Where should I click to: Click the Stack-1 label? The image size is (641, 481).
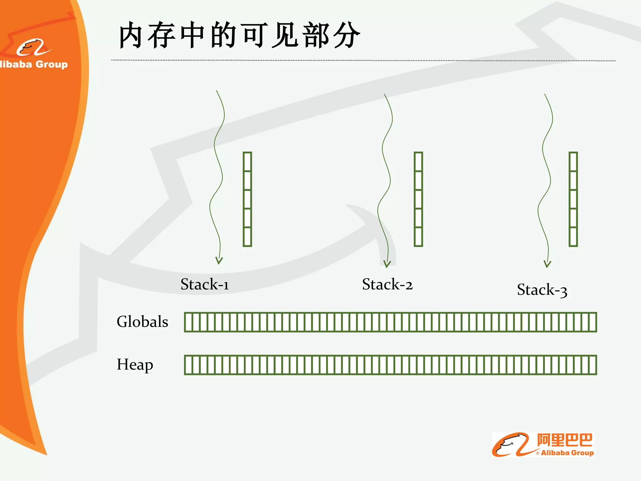tap(205, 284)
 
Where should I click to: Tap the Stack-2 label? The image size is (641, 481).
tap(387, 284)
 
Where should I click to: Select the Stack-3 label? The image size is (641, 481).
tap(542, 290)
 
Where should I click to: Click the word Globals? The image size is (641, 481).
tap(142, 322)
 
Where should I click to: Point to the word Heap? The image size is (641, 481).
tap(135, 365)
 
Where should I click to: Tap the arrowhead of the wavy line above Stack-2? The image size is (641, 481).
tap(387, 264)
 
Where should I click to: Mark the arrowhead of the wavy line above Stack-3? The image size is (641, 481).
tap(547, 264)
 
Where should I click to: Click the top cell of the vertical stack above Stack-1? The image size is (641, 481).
tap(247, 162)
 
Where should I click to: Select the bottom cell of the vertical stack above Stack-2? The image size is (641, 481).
tap(418, 237)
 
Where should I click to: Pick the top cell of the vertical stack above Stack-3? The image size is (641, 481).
tap(573, 162)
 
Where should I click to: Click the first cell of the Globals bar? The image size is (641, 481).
tap(188, 322)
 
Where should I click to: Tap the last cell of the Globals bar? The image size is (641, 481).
tap(592, 322)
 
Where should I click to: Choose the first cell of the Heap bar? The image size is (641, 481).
tap(188, 365)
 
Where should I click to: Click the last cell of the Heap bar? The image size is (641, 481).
tap(592, 365)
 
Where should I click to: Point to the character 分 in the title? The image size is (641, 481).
tap(346, 35)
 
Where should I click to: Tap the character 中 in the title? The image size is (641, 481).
tap(193, 35)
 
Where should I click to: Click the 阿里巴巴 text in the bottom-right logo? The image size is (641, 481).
tap(565, 440)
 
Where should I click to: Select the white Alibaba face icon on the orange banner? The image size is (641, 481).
tap(33, 48)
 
